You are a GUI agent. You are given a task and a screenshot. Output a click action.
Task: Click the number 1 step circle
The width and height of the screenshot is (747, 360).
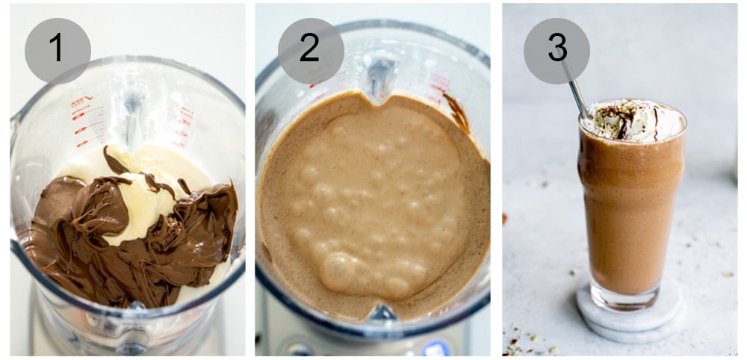pos(58,50)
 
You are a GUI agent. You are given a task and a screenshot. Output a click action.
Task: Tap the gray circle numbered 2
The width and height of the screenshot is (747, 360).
pos(311,50)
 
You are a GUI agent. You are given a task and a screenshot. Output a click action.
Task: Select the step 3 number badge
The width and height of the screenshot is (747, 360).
pos(557,50)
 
